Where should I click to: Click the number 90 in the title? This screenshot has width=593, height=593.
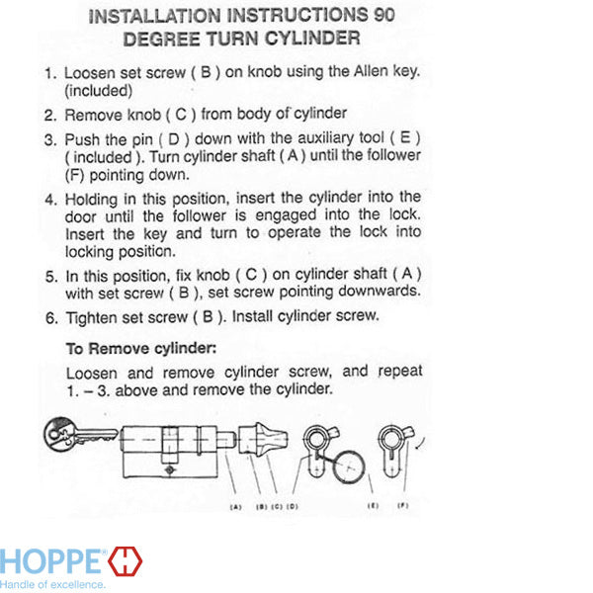pos(384,15)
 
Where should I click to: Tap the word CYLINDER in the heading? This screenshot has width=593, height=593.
pos(312,39)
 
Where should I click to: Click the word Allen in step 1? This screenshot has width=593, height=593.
pos(371,71)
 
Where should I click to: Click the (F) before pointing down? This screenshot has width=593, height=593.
pos(74,175)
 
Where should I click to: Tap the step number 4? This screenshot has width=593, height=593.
pos(51,200)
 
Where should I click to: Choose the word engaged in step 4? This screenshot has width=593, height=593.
pos(286,215)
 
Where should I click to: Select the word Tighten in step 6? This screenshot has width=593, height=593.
pos(91,318)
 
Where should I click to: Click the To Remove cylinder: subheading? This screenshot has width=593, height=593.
pos(141,348)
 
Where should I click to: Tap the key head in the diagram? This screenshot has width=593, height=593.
pos(60,434)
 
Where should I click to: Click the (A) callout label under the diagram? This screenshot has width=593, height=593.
pos(235,507)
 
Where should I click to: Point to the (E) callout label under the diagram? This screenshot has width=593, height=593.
pos(373,506)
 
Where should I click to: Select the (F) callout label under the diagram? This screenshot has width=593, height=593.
pos(403,505)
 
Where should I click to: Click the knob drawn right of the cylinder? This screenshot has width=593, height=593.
pos(263,439)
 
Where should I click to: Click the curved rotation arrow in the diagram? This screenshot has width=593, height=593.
pos(421,443)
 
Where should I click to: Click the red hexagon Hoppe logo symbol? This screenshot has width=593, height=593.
pos(126,560)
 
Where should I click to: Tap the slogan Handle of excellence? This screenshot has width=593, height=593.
pos(52,585)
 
